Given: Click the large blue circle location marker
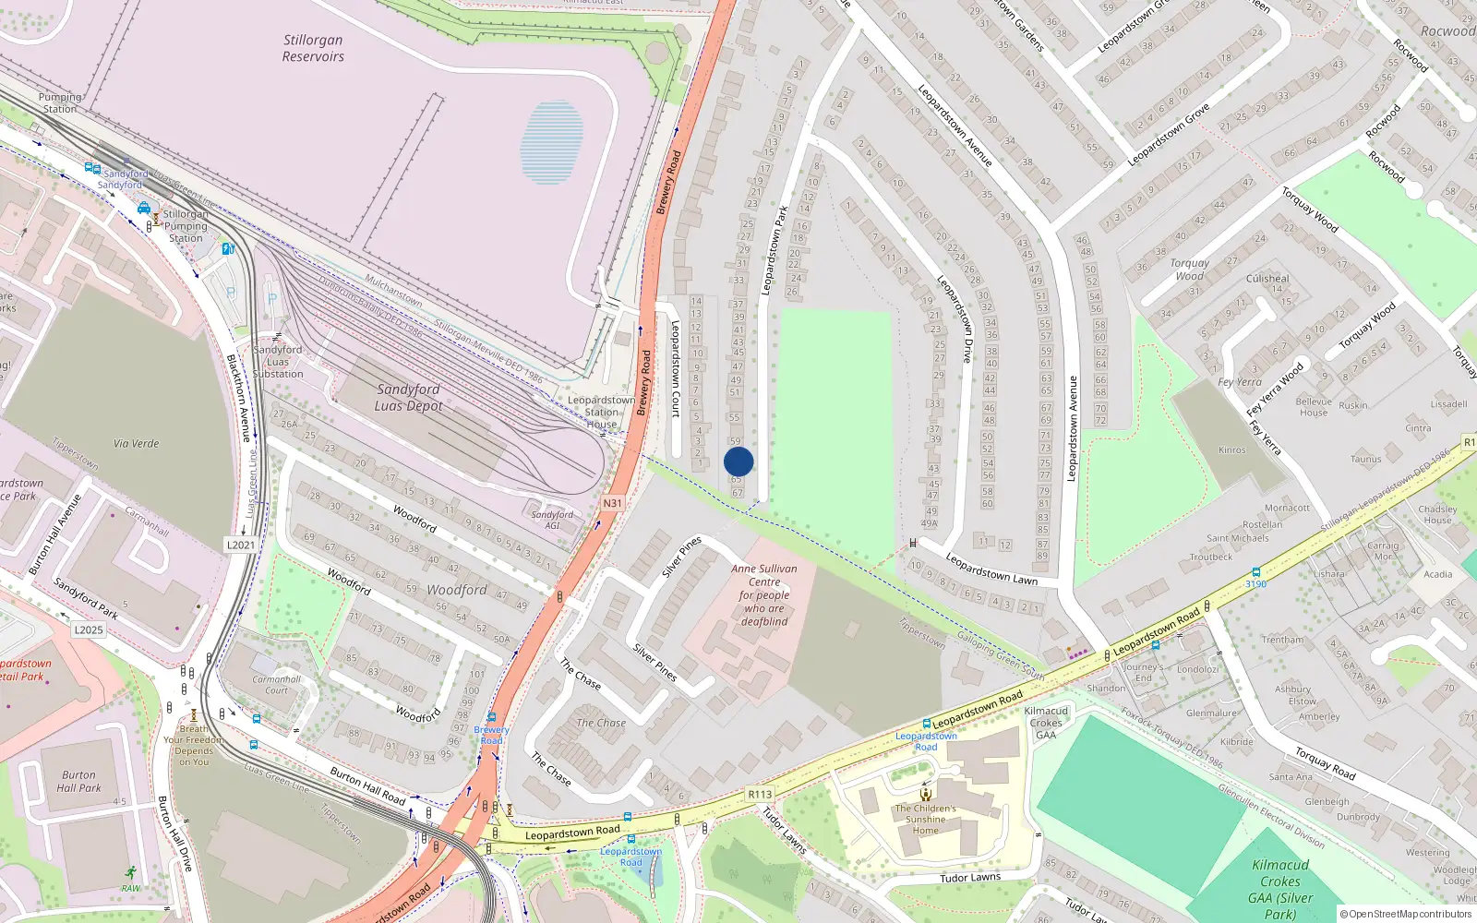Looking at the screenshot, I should click(738, 461).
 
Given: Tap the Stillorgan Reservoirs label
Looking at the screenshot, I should click(313, 48).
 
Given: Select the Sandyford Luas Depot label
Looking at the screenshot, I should click(408, 398).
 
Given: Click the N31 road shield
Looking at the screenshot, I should click(612, 503).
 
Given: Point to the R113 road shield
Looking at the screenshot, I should click(760, 794).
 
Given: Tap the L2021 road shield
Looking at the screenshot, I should click(241, 545).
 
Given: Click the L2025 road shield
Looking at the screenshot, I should click(89, 629).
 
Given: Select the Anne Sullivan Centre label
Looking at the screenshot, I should click(764, 594).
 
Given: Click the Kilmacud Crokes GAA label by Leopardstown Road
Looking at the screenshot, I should click(1046, 723).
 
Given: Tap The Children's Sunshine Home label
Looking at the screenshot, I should click(925, 819).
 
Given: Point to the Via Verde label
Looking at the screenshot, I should click(137, 443).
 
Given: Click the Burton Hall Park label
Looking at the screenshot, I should click(78, 782).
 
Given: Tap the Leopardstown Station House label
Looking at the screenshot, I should click(601, 413).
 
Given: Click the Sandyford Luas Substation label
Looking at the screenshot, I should click(278, 362).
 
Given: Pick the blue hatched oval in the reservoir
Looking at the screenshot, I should click(552, 143).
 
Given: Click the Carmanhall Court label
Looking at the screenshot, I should click(277, 684).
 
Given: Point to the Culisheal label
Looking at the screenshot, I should click(1267, 278).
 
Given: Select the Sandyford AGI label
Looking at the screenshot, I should click(552, 520).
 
